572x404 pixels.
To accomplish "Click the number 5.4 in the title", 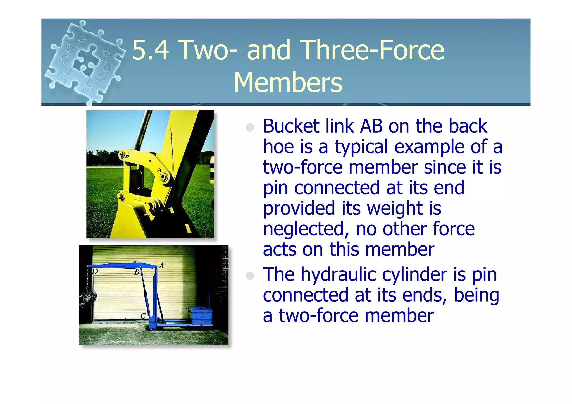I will pos(150,50).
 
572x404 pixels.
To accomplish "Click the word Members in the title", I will pos(288,83).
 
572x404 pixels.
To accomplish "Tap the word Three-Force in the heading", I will pos(373,50).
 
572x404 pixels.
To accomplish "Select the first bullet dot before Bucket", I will pos(250,128).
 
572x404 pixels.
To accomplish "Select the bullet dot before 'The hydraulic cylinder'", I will pos(250,276).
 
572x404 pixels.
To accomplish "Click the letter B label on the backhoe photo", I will pos(127,156).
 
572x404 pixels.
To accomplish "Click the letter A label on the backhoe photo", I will pos(159,170).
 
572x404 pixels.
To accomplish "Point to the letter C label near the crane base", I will pos(143,316).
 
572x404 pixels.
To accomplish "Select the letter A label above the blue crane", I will pos(161,266).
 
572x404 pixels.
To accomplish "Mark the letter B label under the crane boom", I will pos(137,272).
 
